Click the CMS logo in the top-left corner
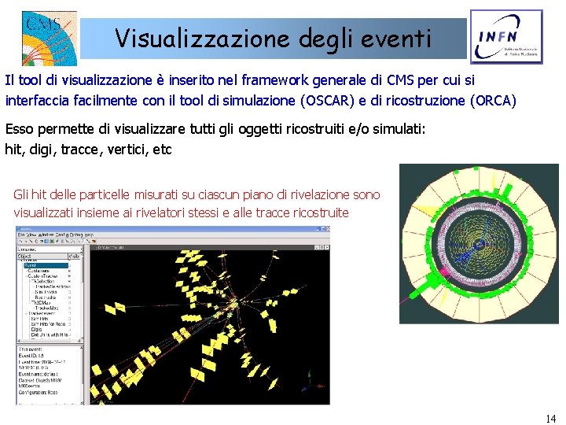pyautogui.click(x=48, y=36)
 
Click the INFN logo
pyautogui.click(x=505, y=37)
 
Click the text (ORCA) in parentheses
pyautogui.click(x=492, y=100)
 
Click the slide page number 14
pyautogui.click(x=549, y=418)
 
